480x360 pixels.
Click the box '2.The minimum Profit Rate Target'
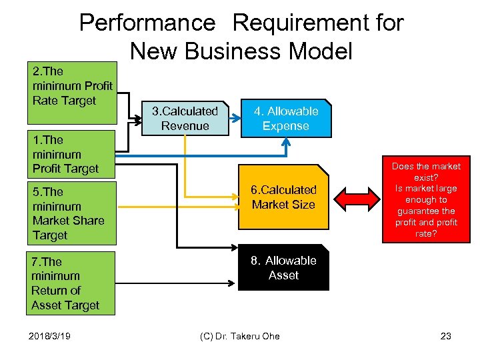[x=72, y=93]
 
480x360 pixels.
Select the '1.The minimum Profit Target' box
[x=72, y=154]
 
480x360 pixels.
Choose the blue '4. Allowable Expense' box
[x=286, y=119]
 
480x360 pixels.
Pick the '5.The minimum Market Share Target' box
[x=72, y=214]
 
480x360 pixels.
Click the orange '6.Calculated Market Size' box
[x=283, y=197]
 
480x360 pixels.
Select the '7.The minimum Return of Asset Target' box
[x=72, y=283]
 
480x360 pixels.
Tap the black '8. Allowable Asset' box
[x=283, y=268]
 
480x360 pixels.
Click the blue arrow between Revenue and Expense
[x=233, y=119]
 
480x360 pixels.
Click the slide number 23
[x=445, y=336]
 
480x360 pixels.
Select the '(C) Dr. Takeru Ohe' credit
[x=240, y=336]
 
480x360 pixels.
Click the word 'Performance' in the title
[x=147, y=23]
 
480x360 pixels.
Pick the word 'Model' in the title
[x=321, y=51]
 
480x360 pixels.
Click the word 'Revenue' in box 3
[x=185, y=126]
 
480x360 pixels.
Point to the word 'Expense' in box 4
[x=286, y=126]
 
